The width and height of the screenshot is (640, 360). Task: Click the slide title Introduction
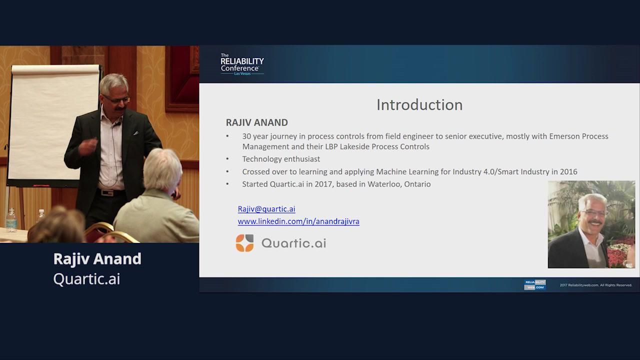click(x=419, y=105)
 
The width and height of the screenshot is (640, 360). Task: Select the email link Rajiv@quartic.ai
click(x=266, y=209)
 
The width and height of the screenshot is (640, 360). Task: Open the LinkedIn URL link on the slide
click(x=298, y=221)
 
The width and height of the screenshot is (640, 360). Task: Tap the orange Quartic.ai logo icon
click(x=244, y=243)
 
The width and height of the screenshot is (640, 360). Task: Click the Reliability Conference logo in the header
click(x=242, y=64)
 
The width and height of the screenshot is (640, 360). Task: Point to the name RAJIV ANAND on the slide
click(x=257, y=122)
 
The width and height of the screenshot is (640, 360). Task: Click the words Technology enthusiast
click(x=281, y=159)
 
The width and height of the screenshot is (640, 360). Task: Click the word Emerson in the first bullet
click(x=563, y=136)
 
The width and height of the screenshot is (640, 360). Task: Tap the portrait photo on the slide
click(x=591, y=224)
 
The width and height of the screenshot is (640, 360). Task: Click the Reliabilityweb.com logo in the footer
click(x=535, y=285)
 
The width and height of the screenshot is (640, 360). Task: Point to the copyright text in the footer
click(x=595, y=285)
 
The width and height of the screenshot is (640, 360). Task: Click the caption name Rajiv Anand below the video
click(x=97, y=259)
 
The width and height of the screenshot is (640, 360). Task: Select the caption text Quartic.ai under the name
click(x=86, y=279)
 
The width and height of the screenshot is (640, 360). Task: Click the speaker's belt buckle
click(x=106, y=193)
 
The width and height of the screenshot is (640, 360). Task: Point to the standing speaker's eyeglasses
click(x=117, y=99)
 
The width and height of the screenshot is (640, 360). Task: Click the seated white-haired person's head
click(x=162, y=169)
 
